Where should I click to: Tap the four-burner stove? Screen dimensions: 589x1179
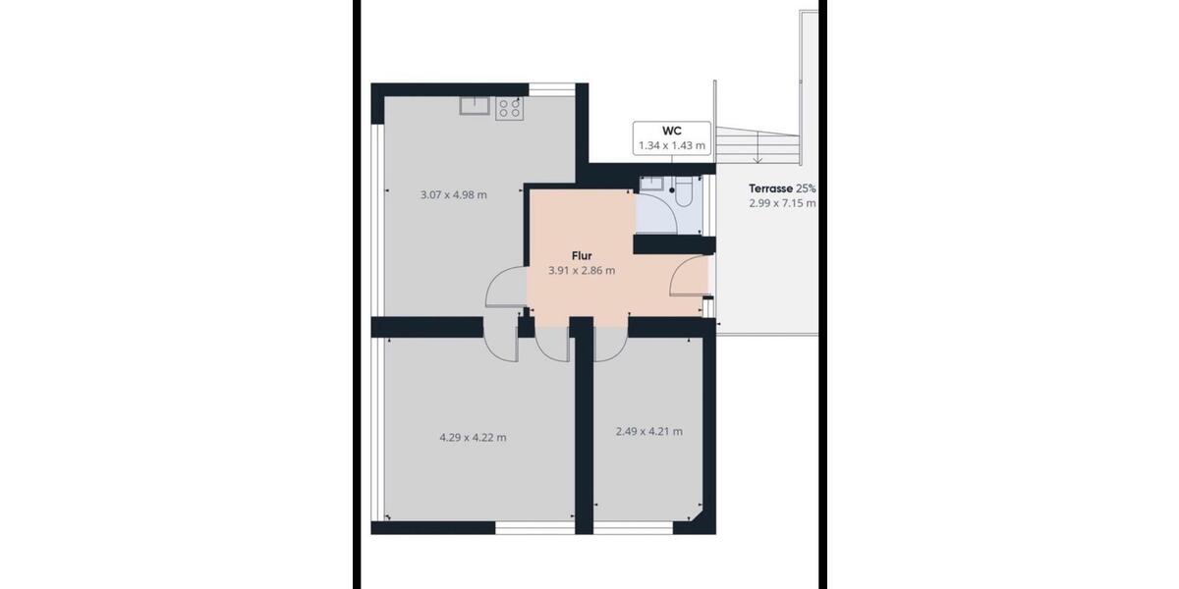click(509, 107)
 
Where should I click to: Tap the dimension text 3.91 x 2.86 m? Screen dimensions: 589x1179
click(582, 271)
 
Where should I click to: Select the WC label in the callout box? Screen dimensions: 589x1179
click(672, 131)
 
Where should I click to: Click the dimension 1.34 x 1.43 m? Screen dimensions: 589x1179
click(672, 145)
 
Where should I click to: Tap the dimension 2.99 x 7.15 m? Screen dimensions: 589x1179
click(782, 203)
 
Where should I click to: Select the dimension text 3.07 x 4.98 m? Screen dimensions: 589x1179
click(453, 194)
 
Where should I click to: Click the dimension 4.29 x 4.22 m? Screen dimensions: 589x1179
click(473, 438)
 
